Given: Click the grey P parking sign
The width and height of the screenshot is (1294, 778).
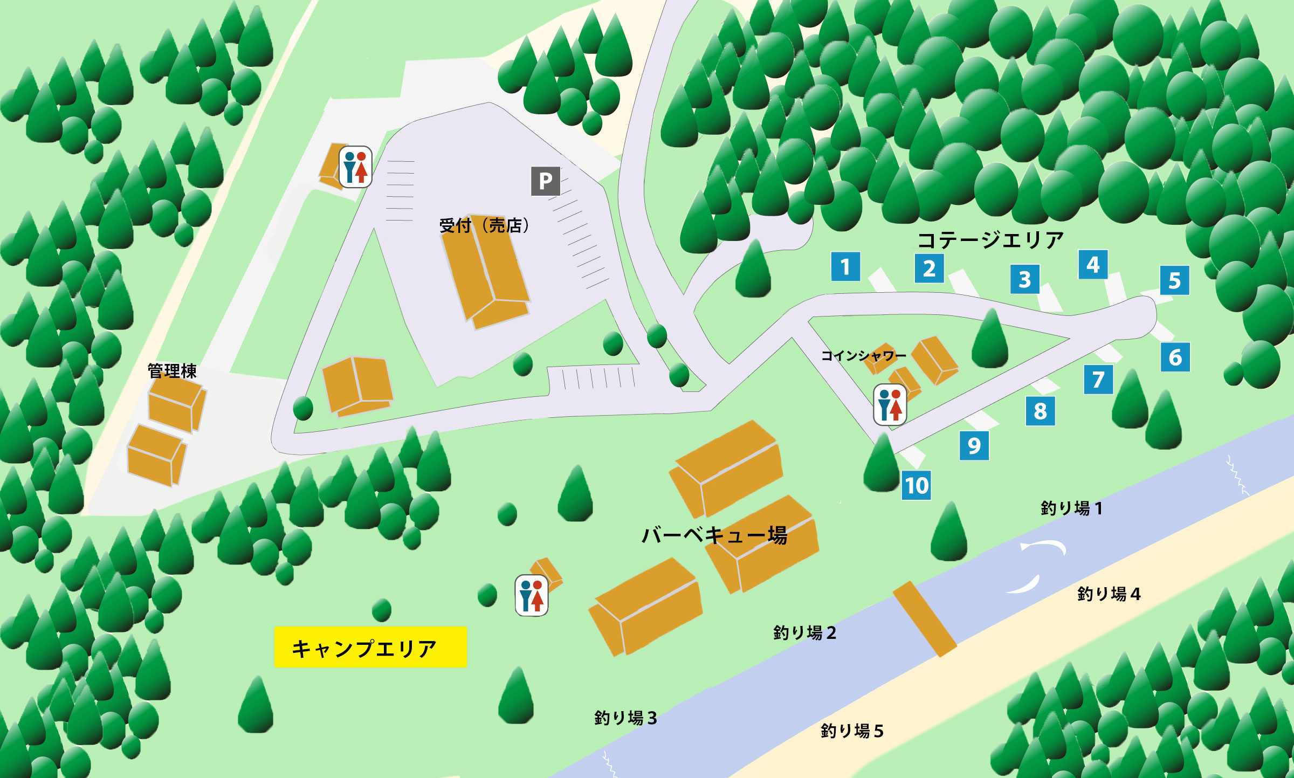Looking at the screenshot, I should (x=545, y=181).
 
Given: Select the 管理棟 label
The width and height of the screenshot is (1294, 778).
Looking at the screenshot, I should (x=172, y=371).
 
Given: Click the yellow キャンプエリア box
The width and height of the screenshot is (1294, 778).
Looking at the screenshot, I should (x=370, y=647).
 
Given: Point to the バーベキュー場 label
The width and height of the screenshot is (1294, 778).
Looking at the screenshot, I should (x=714, y=535).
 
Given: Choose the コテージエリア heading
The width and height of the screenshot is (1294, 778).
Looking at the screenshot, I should (x=990, y=240).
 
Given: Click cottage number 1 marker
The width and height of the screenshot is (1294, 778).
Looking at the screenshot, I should (x=845, y=266).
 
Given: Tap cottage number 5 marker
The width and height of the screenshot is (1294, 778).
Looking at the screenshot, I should (x=1174, y=280).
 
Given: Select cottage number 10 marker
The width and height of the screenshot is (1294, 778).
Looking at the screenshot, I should (x=917, y=485).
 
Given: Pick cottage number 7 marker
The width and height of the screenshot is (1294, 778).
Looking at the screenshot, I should (x=1098, y=380).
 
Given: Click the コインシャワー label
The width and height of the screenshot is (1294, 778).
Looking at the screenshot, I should (x=863, y=356).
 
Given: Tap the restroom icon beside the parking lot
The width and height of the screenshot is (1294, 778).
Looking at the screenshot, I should (x=355, y=167).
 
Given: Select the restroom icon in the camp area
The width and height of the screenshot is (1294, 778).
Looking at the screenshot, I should (x=532, y=595).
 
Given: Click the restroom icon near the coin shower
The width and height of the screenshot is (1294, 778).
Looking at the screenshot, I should (x=890, y=404).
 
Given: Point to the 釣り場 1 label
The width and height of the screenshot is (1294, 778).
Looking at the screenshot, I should (x=1071, y=508).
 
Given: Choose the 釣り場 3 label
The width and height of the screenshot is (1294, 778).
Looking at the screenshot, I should (x=625, y=718).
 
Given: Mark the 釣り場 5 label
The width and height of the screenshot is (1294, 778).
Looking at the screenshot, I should (x=852, y=731).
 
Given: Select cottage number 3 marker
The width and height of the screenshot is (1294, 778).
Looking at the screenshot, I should (x=1024, y=279).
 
